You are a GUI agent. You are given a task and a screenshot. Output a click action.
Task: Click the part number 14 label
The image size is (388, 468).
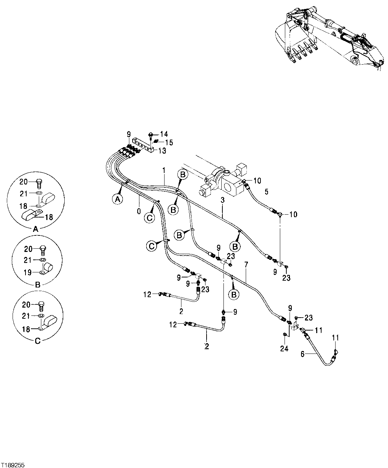(x=163, y=134)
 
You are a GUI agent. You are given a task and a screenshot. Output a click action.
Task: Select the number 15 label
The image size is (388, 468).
(x=169, y=142)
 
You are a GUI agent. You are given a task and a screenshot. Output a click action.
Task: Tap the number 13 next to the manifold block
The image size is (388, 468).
(x=162, y=151)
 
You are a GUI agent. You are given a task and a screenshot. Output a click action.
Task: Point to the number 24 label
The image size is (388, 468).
(x=285, y=348)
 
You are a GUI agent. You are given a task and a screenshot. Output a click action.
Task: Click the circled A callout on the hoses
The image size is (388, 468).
(x=117, y=198)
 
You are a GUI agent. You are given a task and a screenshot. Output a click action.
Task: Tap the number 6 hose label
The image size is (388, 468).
(x=302, y=354)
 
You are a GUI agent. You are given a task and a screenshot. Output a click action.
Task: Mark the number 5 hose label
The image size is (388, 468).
(x=266, y=192)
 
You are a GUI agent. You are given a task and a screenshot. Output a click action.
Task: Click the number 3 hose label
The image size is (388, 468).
(x=222, y=200)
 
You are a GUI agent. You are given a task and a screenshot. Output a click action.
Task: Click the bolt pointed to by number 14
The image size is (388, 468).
(x=151, y=135)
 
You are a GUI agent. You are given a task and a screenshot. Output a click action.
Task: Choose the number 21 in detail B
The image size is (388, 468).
(x=24, y=260)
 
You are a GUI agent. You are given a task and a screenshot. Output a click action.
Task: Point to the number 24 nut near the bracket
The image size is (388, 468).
(x=285, y=334)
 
